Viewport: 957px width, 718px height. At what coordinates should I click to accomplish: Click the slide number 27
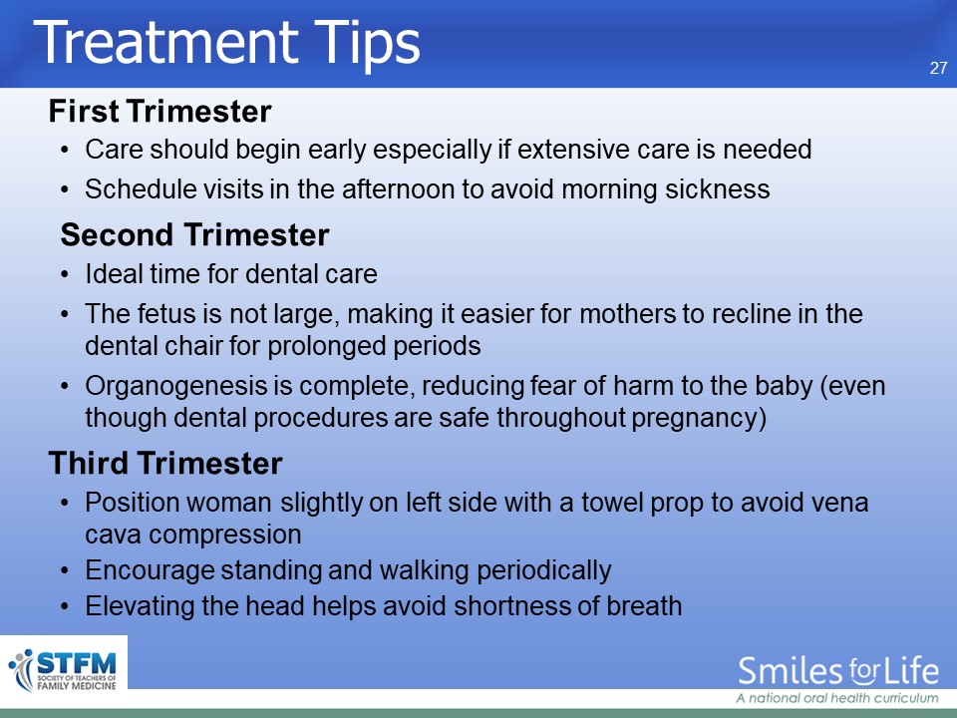coord(939,68)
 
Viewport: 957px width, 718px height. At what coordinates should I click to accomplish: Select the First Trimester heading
coord(159,111)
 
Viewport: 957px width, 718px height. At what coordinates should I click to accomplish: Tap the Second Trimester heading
coord(194,234)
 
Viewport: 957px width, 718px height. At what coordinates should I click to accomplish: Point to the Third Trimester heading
coord(165,463)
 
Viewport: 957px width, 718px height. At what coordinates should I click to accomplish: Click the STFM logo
coord(63,670)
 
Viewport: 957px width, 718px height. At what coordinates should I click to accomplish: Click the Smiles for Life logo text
coord(838,670)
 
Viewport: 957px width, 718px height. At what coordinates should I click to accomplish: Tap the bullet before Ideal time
coord(65,275)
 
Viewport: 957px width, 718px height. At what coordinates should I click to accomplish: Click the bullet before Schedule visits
coord(65,189)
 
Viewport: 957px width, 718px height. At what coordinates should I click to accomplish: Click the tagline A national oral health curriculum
coord(837,698)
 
